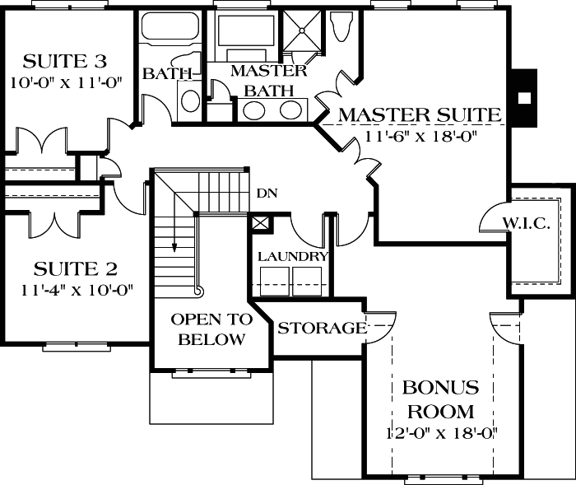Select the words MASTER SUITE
(420, 114)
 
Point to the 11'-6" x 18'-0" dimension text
(420, 138)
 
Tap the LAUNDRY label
(293, 257)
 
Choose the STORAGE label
(321, 329)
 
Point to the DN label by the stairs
(266, 194)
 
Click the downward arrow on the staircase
(174, 245)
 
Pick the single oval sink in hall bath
(190, 101)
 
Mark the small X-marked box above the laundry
(260, 223)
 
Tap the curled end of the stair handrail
(197, 291)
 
